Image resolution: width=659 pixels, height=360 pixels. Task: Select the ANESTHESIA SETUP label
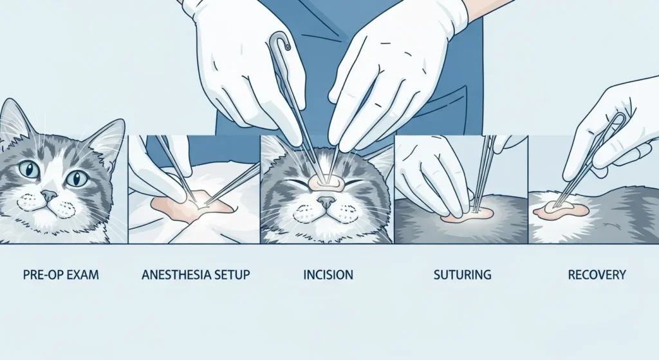(196, 275)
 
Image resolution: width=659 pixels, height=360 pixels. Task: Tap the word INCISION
(328, 275)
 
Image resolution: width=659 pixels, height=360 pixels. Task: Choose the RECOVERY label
(597, 275)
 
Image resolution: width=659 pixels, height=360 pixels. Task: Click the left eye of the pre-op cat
(29, 170)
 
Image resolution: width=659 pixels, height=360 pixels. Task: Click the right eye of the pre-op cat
(76, 177)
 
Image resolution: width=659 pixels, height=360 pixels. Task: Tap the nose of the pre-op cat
(49, 195)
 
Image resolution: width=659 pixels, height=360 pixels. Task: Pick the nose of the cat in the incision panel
(327, 202)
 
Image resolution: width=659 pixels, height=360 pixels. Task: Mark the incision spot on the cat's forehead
(324, 182)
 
